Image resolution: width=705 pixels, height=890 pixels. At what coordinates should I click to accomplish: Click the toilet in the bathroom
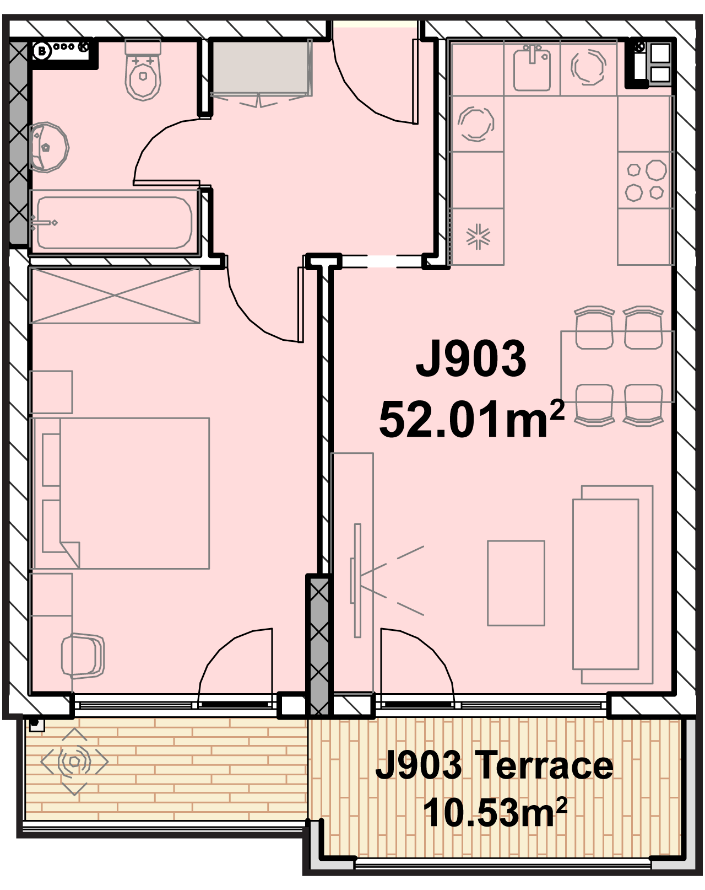143,71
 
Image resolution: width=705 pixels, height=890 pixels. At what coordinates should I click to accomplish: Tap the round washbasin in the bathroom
49,147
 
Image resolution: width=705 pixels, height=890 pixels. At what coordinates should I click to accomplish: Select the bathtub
115,223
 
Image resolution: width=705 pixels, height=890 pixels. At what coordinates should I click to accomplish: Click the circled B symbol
42,51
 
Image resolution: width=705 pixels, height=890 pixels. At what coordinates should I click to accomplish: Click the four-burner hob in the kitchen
646,180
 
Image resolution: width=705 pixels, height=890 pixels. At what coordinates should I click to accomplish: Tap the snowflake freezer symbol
478,237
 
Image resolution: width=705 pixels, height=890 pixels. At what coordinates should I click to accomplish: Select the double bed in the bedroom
120,494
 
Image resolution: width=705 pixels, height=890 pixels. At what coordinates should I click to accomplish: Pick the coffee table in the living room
516,583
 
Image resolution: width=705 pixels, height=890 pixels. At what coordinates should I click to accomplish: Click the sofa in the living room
612,585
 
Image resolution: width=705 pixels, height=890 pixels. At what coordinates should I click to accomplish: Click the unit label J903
471,358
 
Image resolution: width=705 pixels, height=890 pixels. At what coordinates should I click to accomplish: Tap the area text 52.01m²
471,419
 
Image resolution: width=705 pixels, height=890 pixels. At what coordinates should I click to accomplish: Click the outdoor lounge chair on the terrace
74,762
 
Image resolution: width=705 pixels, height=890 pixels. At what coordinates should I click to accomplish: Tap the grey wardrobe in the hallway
261,67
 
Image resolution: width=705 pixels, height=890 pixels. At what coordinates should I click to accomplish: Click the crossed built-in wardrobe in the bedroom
115,296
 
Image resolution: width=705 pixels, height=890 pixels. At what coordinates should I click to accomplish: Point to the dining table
617,366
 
